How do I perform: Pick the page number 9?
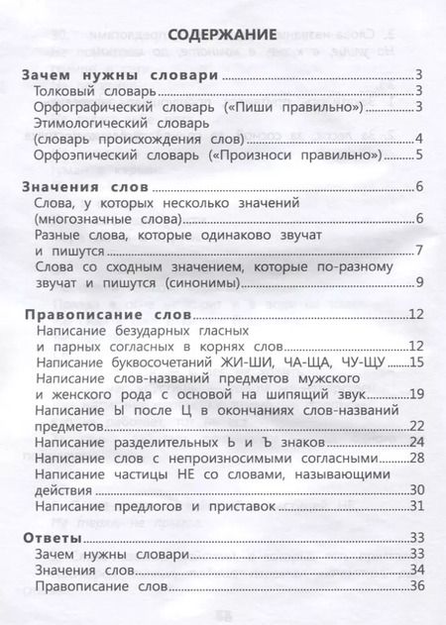tap(419, 284)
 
